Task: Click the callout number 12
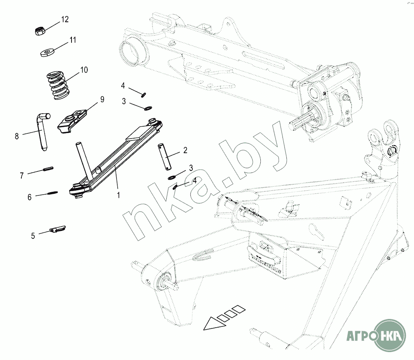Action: pyautogui.click(x=65, y=19)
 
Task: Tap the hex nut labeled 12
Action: pyautogui.click(x=40, y=31)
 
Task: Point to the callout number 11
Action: pyautogui.click(x=73, y=40)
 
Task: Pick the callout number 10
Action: pyautogui.click(x=84, y=70)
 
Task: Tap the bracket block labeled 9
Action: pyautogui.click(x=72, y=120)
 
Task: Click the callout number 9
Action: pyautogui.click(x=102, y=99)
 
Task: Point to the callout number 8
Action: pyautogui.click(x=17, y=136)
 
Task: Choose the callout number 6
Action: pyautogui.click(x=30, y=197)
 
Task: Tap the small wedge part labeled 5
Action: pyautogui.click(x=57, y=229)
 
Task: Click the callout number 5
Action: pyautogui.click(x=33, y=236)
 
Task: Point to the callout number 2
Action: pyautogui.click(x=185, y=150)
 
